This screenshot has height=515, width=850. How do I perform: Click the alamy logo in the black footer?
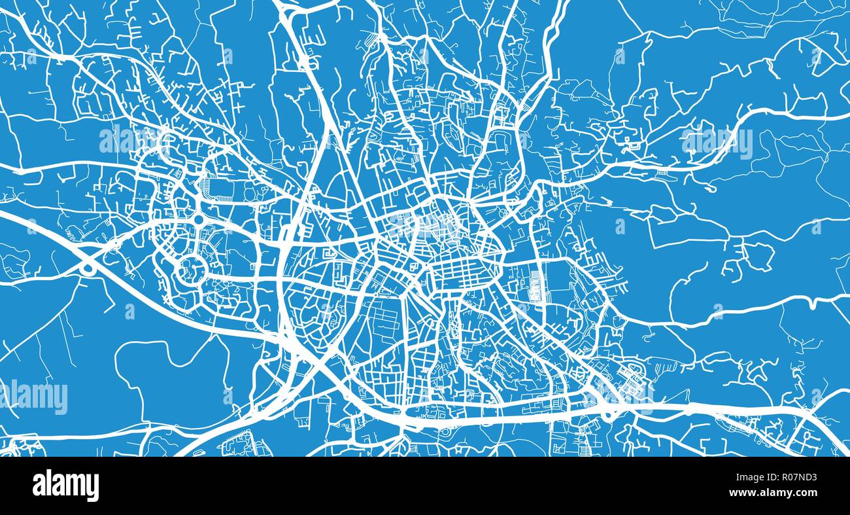[x=65, y=486]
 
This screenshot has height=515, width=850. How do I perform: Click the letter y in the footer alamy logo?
[x=93, y=488]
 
